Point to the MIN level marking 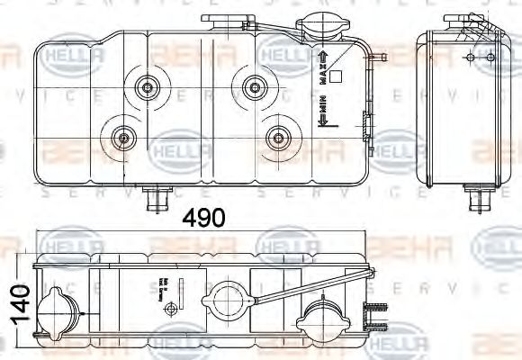click(x=319, y=115)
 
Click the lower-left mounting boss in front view click(x=122, y=138)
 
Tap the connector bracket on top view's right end click(x=372, y=315)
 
